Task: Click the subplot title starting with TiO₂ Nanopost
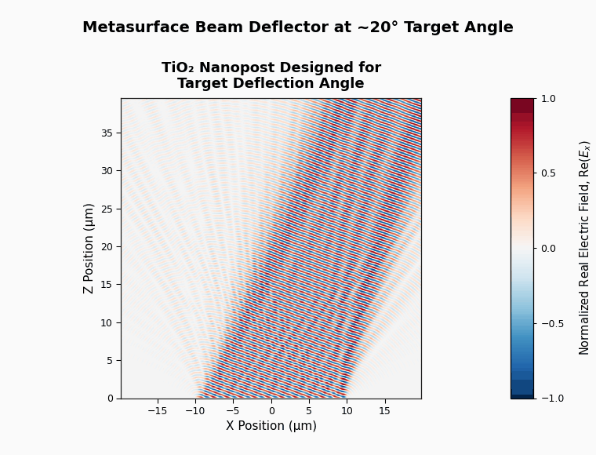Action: tap(271, 75)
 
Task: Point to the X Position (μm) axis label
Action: tap(271, 425)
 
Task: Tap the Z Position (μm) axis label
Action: tap(88, 249)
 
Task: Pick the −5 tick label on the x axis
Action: tap(233, 411)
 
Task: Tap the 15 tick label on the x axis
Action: tap(384, 411)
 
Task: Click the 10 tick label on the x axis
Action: tap(347, 411)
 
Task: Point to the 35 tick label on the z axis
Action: tap(107, 133)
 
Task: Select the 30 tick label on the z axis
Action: tap(107, 171)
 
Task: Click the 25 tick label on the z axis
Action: tap(107, 209)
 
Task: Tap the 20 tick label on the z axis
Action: tap(107, 246)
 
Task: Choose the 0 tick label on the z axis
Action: tap(111, 399)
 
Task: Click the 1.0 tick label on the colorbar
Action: tap(548, 99)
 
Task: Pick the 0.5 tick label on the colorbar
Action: tap(548, 173)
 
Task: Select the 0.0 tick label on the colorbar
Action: tap(548, 249)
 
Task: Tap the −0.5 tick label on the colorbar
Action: tap(552, 324)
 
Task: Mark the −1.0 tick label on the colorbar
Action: tap(552, 399)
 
